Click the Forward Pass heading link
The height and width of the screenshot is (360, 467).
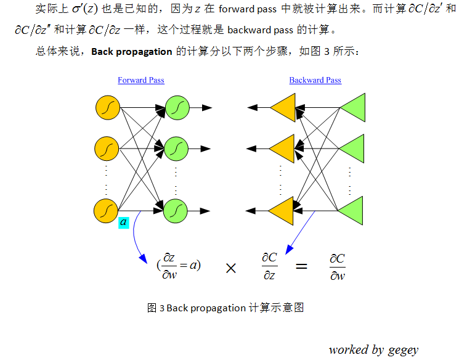tap(141, 80)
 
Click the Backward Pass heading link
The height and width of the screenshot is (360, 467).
tap(315, 80)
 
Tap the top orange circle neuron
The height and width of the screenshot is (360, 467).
tap(107, 108)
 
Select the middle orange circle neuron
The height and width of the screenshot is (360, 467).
tap(107, 149)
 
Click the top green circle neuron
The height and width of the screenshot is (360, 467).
tap(176, 108)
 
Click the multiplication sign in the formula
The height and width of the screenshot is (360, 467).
tap(231, 268)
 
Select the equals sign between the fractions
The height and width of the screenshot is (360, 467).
tap(301, 267)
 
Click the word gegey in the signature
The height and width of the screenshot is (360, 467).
tap(404, 350)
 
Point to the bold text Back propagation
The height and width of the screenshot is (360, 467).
tap(131, 51)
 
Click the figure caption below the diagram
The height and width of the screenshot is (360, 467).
tap(225, 308)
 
